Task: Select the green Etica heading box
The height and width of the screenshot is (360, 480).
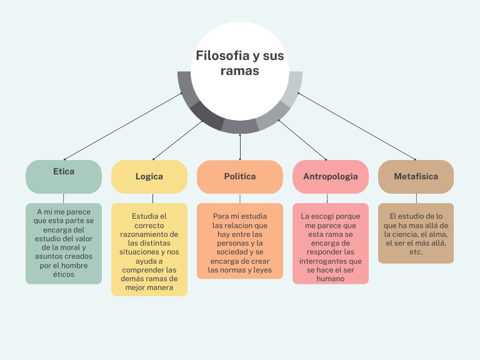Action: tap(64, 177)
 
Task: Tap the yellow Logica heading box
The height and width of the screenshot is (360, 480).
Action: tap(149, 177)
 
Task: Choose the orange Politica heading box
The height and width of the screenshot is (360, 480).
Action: tap(240, 177)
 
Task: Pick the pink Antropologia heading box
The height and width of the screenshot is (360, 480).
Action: tap(331, 177)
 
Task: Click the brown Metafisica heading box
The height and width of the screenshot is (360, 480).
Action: tap(416, 177)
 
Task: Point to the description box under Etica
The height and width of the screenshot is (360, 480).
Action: tap(64, 244)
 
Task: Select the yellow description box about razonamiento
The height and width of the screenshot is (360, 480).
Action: tap(149, 249)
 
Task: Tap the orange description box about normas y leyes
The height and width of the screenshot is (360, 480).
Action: tap(240, 241)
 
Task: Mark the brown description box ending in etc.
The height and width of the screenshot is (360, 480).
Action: tap(416, 233)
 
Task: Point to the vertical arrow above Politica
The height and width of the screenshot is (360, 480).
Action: tap(240, 147)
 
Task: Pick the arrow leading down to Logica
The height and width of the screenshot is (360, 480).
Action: tap(177, 140)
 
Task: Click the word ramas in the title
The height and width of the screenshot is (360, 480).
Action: tap(239, 71)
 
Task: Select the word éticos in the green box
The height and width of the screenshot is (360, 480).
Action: tap(64, 274)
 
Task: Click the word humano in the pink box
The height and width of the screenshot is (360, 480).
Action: tap(331, 279)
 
